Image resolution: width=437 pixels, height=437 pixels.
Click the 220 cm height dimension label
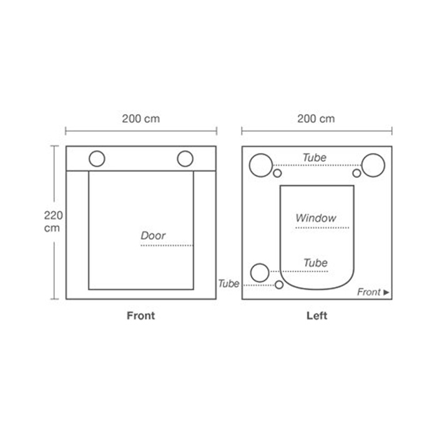click(53, 222)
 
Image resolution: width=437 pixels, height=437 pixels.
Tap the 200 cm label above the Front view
click(141, 119)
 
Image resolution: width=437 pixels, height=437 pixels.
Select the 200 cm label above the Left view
click(316, 119)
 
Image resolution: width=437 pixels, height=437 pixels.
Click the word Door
click(153, 236)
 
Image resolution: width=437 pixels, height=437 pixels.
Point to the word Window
click(316, 218)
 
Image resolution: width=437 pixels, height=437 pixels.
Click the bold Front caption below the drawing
click(140, 316)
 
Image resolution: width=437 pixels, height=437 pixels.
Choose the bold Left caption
click(317, 316)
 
